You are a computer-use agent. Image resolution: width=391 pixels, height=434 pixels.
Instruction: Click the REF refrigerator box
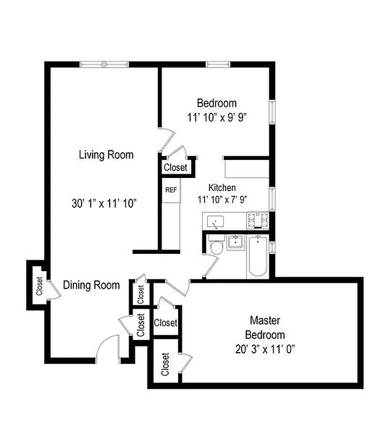(x=171, y=190)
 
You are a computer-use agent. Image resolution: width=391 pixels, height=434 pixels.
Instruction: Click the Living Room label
(x=106, y=155)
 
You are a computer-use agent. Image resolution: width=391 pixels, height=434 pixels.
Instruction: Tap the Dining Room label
(x=91, y=285)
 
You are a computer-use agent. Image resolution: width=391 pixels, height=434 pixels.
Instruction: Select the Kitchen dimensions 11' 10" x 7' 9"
(x=223, y=199)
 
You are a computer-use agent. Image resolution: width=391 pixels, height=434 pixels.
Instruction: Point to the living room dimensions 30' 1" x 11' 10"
(x=104, y=203)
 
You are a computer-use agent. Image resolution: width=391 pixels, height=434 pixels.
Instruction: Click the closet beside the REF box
(x=175, y=167)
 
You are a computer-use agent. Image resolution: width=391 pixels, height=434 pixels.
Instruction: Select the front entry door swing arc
(x=106, y=348)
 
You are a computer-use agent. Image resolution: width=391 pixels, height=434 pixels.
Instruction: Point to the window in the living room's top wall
(x=105, y=65)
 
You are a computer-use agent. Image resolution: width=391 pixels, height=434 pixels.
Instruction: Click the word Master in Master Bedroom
(x=264, y=320)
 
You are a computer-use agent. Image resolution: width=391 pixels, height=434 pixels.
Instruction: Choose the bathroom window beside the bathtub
(x=273, y=247)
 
